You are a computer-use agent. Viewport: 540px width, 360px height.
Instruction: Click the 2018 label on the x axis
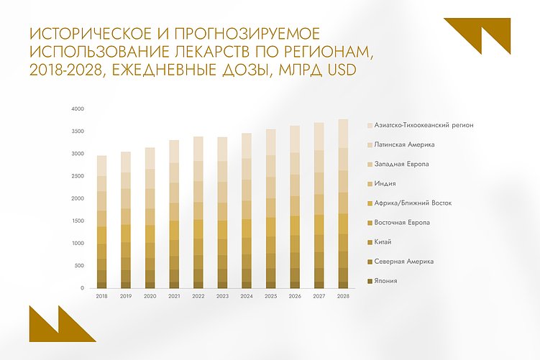coord(102,295)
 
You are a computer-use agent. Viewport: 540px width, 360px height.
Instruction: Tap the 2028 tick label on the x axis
coord(343,295)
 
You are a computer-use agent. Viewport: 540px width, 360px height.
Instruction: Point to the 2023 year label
coord(223,295)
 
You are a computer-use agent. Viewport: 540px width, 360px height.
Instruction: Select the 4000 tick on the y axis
coord(78,109)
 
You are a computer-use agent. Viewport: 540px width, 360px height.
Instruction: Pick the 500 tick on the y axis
coord(80,266)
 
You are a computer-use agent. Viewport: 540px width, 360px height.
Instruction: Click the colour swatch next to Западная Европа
coord(370,165)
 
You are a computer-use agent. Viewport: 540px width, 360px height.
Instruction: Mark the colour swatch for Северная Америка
coord(370,262)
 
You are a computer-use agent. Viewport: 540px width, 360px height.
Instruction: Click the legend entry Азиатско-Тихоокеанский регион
coord(429,126)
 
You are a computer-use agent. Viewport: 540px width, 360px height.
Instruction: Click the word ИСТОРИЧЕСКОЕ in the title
coord(75,33)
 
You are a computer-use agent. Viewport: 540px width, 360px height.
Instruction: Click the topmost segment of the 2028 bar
coord(343,133)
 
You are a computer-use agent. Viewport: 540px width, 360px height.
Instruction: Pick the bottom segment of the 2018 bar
coord(102,280)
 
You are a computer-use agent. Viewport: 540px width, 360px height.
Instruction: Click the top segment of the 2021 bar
coord(175,152)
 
